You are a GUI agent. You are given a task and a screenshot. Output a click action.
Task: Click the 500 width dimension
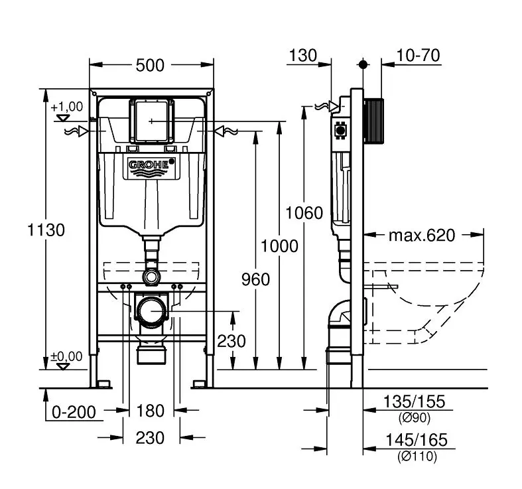152,65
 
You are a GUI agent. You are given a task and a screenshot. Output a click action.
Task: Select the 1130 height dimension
46,230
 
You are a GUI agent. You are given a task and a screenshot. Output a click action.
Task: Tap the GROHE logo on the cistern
151,167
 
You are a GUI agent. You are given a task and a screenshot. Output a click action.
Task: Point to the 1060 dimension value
304,213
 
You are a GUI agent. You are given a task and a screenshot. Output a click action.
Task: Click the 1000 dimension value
279,246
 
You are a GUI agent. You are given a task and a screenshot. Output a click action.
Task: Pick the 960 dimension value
256,279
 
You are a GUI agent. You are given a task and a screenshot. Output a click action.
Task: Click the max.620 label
422,235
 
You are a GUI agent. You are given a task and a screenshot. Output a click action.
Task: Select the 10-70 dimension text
419,56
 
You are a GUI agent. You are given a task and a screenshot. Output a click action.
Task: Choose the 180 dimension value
150,411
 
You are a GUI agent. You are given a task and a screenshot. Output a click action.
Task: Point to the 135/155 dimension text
415,401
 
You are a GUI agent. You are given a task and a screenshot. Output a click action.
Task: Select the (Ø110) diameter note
417,456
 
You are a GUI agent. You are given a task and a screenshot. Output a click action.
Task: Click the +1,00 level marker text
66,106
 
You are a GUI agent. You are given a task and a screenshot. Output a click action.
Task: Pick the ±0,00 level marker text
66,356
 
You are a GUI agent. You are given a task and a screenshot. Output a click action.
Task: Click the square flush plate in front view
152,121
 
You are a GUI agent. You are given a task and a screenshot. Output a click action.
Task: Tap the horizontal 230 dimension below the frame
150,438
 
